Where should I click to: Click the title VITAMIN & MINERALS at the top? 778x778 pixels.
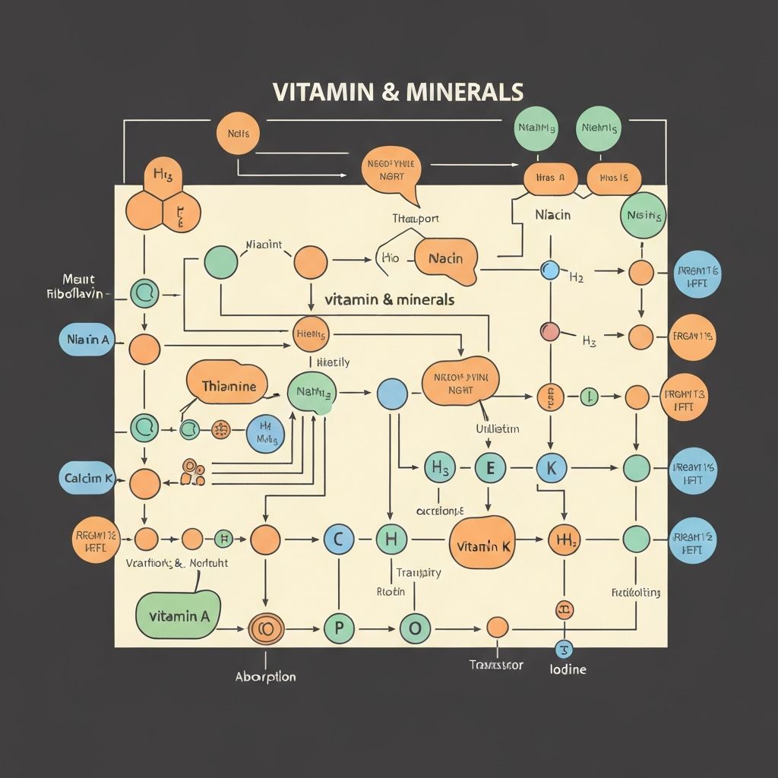[x=397, y=91]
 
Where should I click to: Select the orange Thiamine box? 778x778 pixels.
[x=227, y=386]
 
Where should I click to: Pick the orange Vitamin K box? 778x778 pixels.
[x=482, y=546]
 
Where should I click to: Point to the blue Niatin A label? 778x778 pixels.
[x=86, y=340]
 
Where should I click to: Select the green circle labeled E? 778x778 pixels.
[x=490, y=468]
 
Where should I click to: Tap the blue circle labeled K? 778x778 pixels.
[x=551, y=468]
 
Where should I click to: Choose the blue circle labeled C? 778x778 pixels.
[x=339, y=539]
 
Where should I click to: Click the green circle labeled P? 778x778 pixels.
[x=339, y=628]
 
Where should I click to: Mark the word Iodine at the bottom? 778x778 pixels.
[x=567, y=669]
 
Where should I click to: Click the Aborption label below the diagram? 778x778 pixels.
[x=266, y=676]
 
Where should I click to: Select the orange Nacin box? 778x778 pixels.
[x=446, y=259]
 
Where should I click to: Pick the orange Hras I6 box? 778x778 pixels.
[x=614, y=178]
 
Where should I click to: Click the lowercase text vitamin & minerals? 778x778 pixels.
[x=390, y=299]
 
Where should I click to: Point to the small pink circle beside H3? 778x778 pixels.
[x=549, y=331]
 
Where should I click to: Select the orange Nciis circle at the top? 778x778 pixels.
[x=238, y=134]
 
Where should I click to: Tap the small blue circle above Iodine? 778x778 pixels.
[x=564, y=648]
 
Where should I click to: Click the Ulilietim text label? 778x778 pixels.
[x=497, y=429]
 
